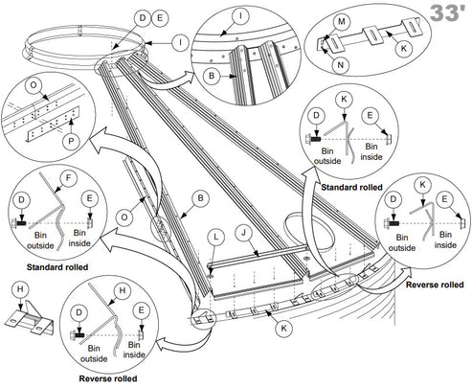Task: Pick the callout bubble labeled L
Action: (x=216, y=236)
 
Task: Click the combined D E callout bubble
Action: (x=150, y=18)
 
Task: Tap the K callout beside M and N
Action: (x=404, y=46)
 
